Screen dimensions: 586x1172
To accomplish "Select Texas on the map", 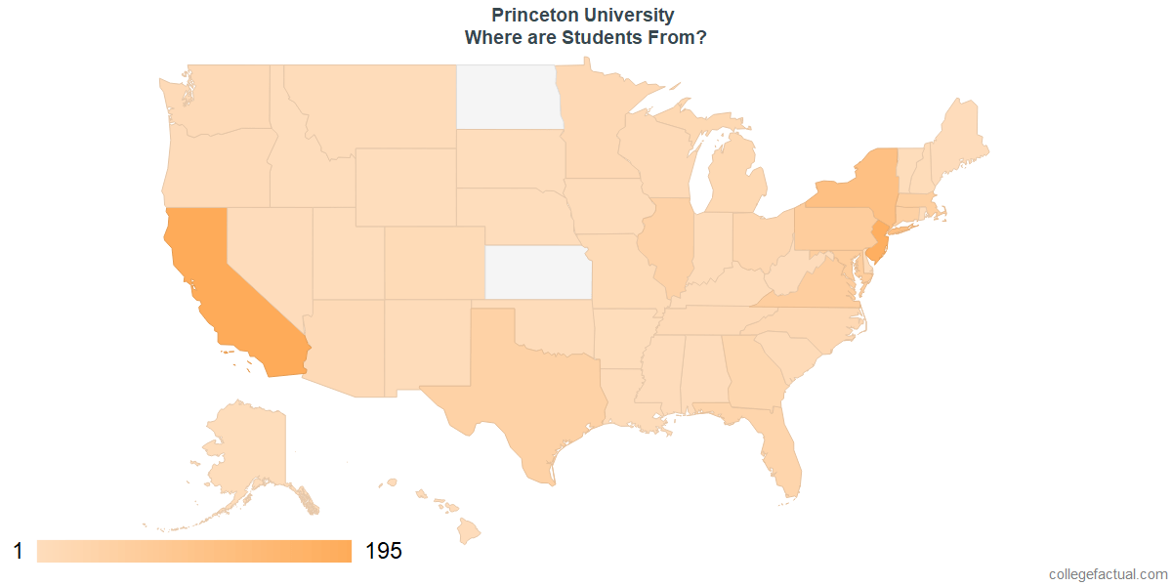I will click(527, 391).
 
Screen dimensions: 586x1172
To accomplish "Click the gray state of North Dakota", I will click(508, 96).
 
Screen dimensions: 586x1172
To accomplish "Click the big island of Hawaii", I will click(470, 531).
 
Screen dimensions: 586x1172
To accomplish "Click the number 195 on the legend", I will click(383, 551).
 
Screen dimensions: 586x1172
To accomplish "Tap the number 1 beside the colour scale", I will click(18, 551).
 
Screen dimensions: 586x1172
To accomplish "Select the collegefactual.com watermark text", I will click(1108, 574).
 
